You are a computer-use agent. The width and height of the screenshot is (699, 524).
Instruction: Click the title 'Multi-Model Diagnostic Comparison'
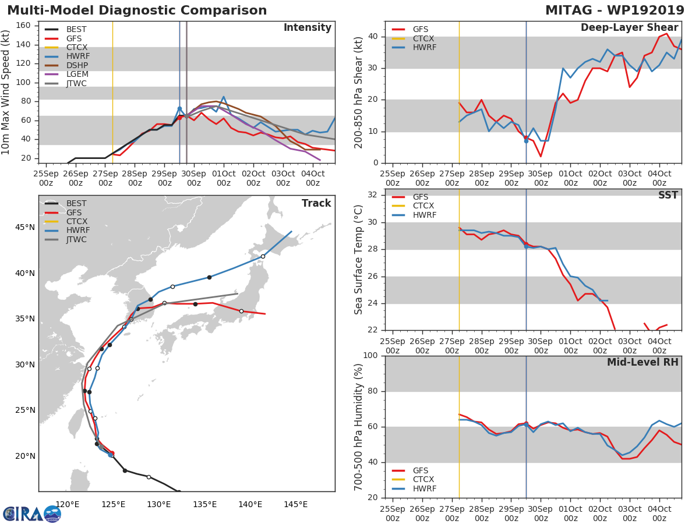(x=137, y=10)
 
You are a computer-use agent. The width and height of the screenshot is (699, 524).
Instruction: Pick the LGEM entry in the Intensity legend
(x=77, y=75)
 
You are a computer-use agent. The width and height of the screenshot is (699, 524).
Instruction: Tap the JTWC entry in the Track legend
(x=77, y=239)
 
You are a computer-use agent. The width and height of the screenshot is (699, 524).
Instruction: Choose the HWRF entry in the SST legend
(x=424, y=215)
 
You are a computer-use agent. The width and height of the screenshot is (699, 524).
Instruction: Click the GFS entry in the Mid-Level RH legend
(x=421, y=470)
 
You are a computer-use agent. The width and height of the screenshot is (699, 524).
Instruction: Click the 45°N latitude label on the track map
(x=24, y=227)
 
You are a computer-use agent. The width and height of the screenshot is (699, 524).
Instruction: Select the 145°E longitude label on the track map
(x=295, y=504)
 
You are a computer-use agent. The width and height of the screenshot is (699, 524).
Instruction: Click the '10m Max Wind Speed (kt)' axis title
(x=6, y=92)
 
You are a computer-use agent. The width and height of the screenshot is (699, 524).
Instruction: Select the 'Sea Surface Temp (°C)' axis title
(x=359, y=260)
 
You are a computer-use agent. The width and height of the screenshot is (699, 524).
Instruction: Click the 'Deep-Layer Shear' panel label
(x=629, y=28)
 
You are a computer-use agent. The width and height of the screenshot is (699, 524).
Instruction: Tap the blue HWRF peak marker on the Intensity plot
(x=179, y=108)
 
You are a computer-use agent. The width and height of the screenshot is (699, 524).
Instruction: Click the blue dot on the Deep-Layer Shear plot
(x=526, y=141)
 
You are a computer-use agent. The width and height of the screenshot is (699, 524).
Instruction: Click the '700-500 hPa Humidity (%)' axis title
(x=359, y=427)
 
